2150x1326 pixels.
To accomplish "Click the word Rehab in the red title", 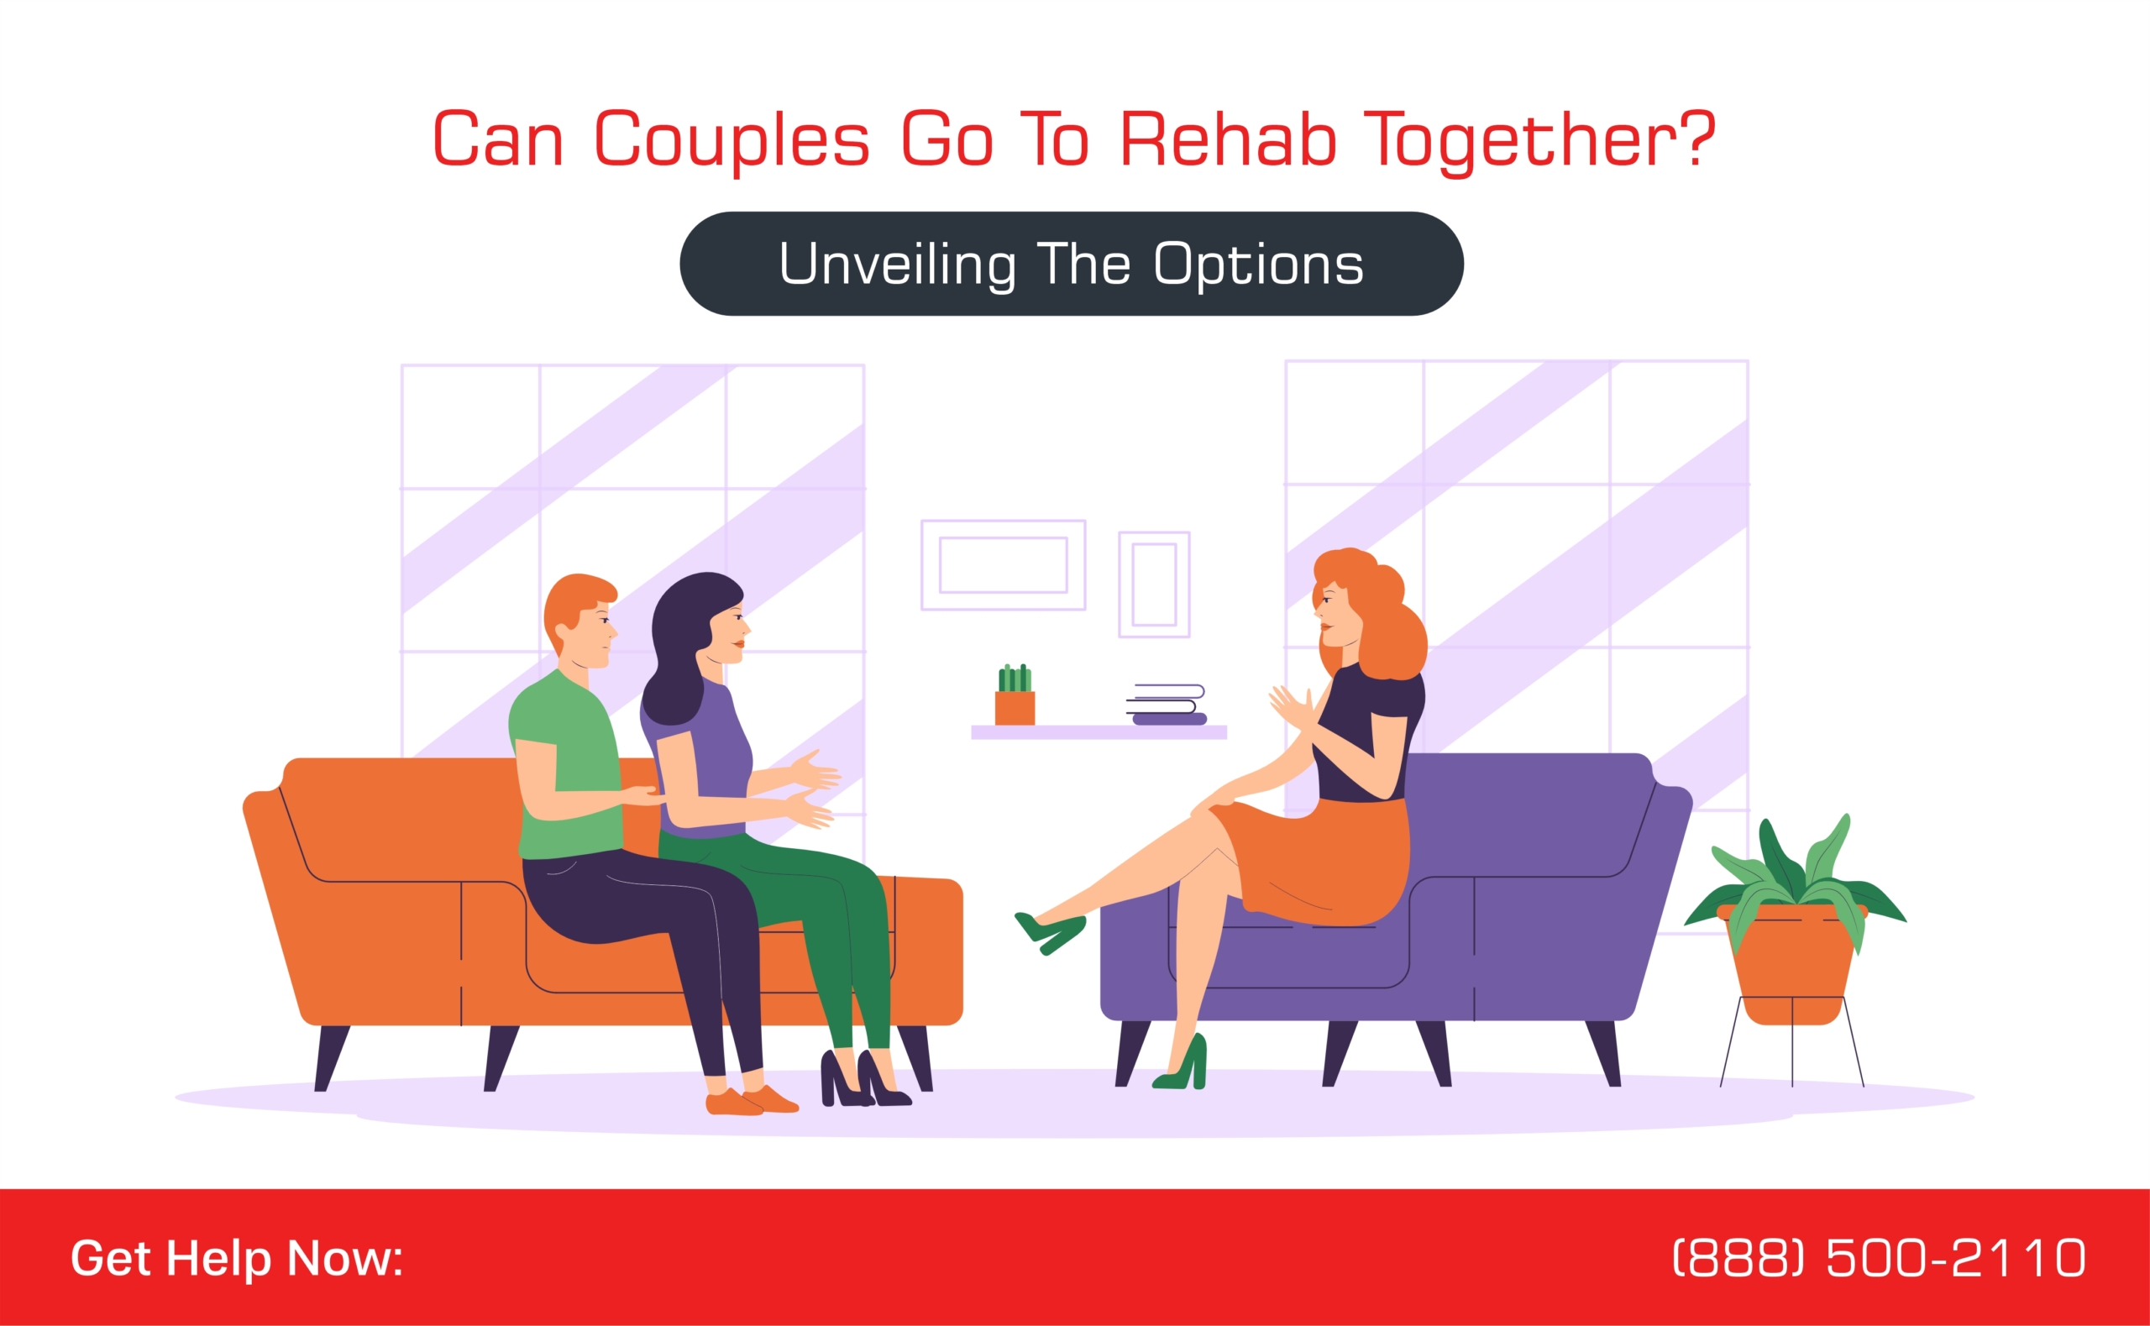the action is pyautogui.click(x=1228, y=138).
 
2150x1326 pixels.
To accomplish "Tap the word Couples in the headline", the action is pyautogui.click(x=732, y=141).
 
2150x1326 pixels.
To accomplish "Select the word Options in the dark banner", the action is pyautogui.click(x=1258, y=264).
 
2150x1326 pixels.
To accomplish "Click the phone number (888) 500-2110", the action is pyautogui.click(x=1878, y=1258).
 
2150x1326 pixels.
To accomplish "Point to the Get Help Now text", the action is pyautogui.click(x=237, y=1259).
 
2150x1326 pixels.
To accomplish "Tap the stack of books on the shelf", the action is pyautogui.click(x=1167, y=705).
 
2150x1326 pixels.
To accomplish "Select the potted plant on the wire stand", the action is pyautogui.click(x=1793, y=921).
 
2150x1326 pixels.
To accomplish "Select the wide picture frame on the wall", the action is pyautogui.click(x=1003, y=565).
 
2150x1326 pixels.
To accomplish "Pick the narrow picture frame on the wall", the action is pyautogui.click(x=1154, y=584).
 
